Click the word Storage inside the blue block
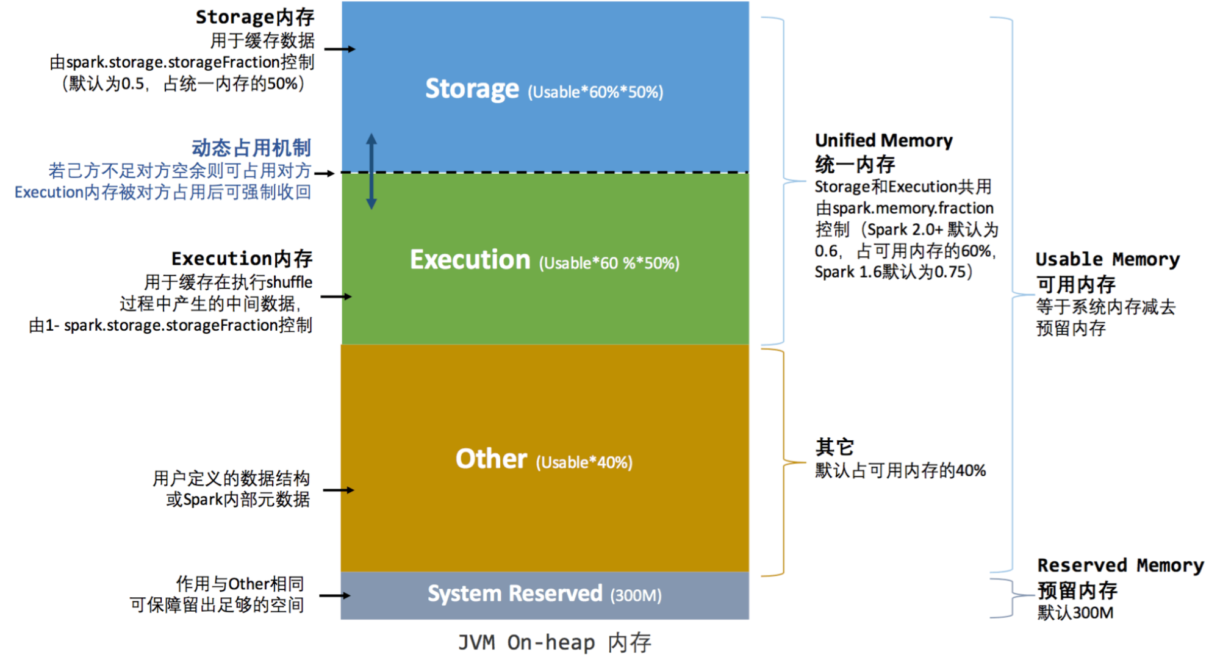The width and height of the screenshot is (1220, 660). (472, 89)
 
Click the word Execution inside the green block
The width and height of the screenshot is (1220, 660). (470, 260)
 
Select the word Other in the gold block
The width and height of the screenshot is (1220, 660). (491, 459)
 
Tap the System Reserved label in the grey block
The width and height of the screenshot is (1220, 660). (514, 594)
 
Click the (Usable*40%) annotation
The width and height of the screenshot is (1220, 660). (584, 462)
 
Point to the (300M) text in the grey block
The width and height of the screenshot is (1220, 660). (636, 595)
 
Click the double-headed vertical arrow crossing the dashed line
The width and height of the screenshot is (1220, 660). (371, 172)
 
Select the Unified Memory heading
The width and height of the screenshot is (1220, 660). (883, 141)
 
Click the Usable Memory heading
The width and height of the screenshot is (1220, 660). (1107, 259)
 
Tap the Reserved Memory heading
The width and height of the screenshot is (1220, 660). (1120, 565)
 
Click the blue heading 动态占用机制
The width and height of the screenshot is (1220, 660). (251, 148)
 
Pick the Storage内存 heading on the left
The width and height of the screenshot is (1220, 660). (254, 17)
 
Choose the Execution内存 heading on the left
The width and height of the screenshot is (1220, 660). (242, 259)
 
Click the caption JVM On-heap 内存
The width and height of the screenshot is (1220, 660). (554, 642)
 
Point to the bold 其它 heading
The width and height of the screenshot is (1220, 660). (834, 447)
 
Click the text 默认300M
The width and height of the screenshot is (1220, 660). (1075, 612)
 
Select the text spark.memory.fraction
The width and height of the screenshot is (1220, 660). (913, 209)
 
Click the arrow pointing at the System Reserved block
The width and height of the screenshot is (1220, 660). (335, 595)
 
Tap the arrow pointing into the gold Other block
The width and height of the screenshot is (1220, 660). (339, 490)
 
